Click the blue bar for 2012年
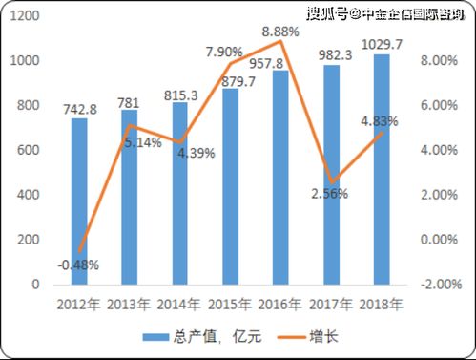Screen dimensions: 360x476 79,201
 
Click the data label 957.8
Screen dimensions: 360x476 281,63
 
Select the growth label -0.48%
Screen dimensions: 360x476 78,265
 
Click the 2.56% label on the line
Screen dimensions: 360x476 328,193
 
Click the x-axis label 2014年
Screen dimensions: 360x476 179,304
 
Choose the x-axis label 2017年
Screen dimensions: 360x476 330,304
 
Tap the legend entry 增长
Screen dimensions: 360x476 309,335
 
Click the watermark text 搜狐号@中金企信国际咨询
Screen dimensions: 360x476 386,13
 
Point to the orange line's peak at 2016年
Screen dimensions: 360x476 279,42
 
